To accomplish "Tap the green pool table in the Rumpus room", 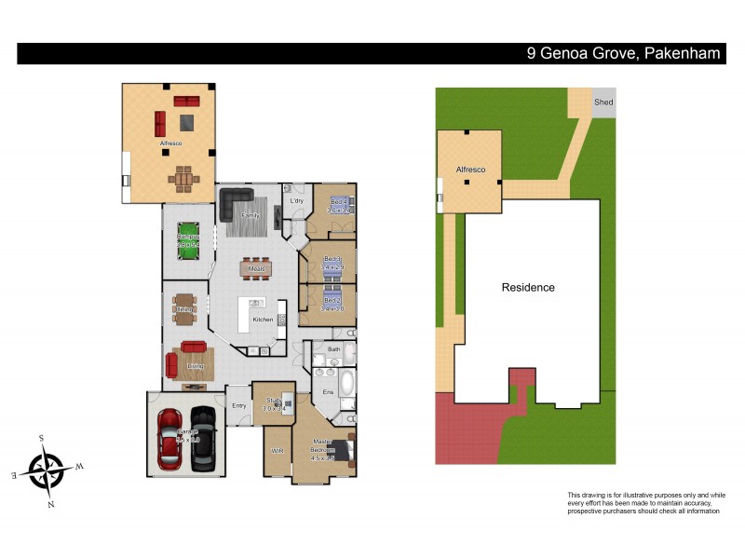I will tap(189, 238).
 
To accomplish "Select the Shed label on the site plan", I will tap(604, 102).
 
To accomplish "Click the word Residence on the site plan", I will tap(528, 288).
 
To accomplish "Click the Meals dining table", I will tap(255, 269).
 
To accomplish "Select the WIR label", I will tap(277, 450).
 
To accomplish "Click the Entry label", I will tap(239, 405).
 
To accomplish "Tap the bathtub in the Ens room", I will tap(345, 384).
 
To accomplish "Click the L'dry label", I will tap(296, 201).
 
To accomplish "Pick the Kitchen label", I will tap(263, 320).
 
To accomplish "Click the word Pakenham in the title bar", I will tap(682, 53).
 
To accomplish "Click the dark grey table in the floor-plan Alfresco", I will tap(187, 120).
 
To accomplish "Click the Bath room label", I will tap(334, 349).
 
